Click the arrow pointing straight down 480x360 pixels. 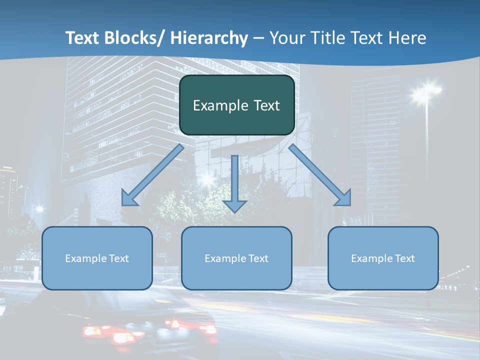tap(234, 182)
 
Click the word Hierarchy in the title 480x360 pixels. tap(209, 38)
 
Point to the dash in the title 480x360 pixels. tap(258, 38)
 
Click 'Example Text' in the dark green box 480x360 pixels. tap(236, 105)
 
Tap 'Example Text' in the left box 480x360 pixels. tap(97, 258)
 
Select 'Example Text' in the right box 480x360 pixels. tap(383, 258)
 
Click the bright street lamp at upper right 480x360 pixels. tap(425, 91)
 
